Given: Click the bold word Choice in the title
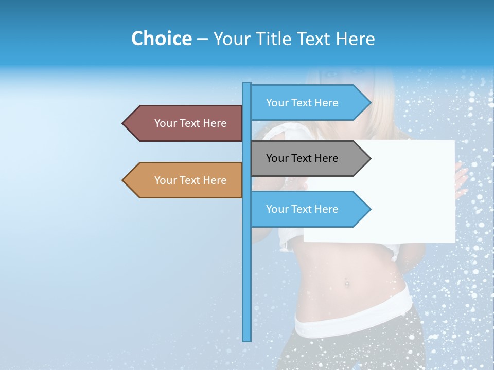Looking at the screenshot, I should (x=161, y=39).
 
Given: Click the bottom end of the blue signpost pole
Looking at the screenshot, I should (x=247, y=340).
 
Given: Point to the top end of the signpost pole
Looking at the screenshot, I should (x=247, y=84).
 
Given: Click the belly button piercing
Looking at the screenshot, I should (x=346, y=282).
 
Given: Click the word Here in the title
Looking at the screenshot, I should (x=355, y=39).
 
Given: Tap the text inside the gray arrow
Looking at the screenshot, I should (x=302, y=158).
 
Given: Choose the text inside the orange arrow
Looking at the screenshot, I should (x=190, y=180).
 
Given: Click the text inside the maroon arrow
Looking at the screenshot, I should (x=190, y=123).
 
